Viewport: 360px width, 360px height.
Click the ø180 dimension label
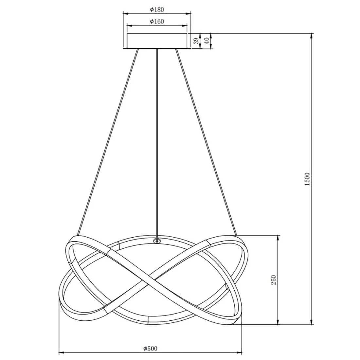pos(157,9)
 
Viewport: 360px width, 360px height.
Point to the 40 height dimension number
pos(207,41)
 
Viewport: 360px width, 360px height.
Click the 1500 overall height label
pos(307,179)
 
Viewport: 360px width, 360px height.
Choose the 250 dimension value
pos(274,280)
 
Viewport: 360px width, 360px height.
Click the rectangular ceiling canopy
pos(157,41)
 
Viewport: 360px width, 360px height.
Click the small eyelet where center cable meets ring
pos(157,241)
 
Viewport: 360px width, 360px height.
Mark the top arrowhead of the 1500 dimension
pos(311,35)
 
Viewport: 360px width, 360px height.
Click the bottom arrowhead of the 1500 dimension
pos(311,323)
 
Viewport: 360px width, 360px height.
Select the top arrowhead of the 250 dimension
pos(278,237)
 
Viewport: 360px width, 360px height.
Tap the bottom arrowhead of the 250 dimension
pos(278,323)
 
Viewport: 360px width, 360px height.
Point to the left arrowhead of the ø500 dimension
pos(61,353)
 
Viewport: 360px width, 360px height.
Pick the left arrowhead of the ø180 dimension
pos(125,14)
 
